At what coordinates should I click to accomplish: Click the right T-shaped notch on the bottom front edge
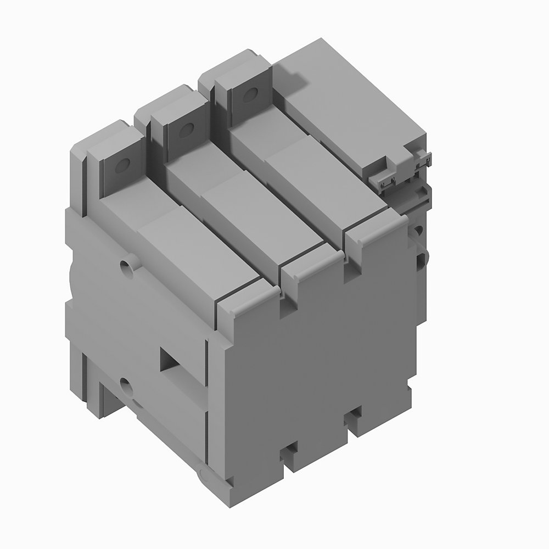[353, 418]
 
